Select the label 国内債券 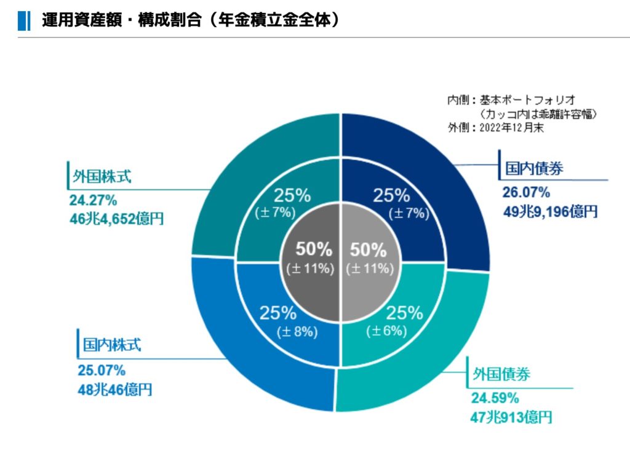point(534,168)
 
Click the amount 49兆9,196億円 point(549,212)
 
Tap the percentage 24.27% point(93,200)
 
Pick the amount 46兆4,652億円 point(117,218)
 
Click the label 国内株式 point(112,344)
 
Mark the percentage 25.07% point(102,370)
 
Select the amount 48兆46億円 point(115,389)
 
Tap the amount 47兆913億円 point(511,417)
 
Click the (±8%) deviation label point(297,332)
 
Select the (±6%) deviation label point(386,331)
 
